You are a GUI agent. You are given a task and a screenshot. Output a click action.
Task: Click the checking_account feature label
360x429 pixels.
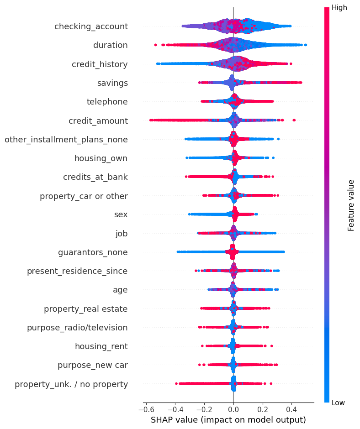pos(91,26)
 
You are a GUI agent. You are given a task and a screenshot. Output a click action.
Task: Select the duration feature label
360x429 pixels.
pos(110,45)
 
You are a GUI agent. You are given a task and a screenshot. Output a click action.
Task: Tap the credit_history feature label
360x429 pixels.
pos(100,64)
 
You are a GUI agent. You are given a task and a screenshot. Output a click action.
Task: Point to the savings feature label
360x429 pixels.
pos(112,83)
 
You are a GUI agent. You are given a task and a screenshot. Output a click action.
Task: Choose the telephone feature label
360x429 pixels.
pos(107,102)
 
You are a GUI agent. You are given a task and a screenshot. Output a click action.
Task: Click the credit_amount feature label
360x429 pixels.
pos(98,121)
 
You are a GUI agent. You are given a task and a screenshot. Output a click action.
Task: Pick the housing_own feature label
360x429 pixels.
pos(101,158)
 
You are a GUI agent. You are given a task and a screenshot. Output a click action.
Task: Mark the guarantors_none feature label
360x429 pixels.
pos(93,252)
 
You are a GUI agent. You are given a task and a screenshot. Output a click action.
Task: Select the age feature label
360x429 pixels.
pos(120,290)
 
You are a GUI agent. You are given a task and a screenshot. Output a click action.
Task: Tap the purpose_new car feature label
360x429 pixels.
pos(93,365)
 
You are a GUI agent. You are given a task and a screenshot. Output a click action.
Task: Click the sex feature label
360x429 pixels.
pos(121,214)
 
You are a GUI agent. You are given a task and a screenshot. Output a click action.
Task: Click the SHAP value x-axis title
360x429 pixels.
pos(229,419)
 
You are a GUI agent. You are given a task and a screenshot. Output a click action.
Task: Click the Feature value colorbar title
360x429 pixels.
pos(351,205)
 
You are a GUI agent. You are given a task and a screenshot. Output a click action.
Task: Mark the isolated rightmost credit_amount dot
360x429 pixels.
pos(294,120)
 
